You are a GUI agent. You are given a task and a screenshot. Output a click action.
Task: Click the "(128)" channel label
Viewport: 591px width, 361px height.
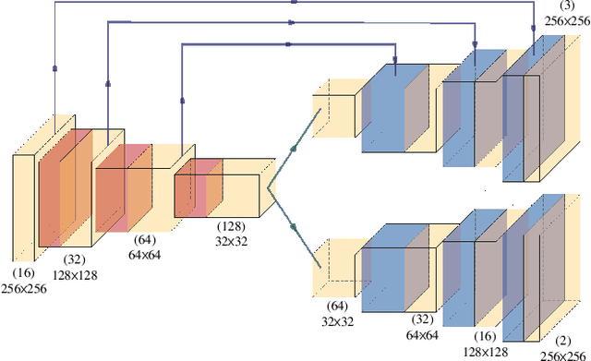click(x=232, y=226)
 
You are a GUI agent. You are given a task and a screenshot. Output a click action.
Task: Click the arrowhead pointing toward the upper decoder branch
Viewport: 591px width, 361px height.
click(x=296, y=146)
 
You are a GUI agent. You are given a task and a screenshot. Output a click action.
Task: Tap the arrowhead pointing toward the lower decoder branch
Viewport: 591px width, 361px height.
click(x=296, y=225)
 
